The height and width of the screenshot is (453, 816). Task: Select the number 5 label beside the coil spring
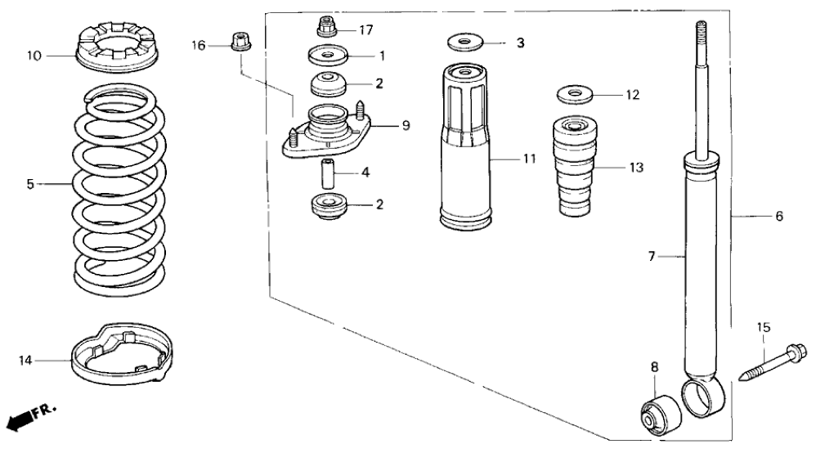click(x=30, y=185)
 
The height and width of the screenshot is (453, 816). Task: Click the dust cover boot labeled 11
click(x=466, y=147)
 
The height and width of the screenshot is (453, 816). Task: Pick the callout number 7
click(x=652, y=257)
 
